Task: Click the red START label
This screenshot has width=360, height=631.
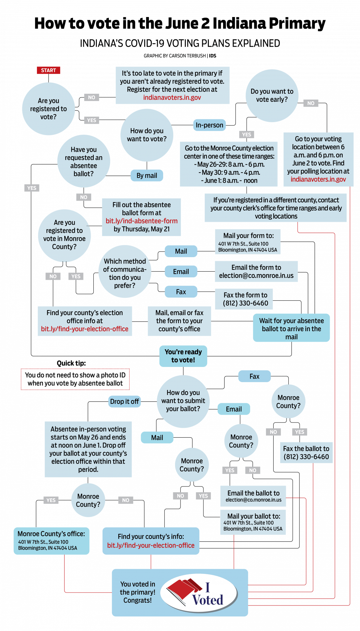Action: pos(48,70)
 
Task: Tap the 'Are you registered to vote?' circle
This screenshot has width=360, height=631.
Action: pos(48,109)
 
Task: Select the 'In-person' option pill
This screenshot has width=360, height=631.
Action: pos(209,125)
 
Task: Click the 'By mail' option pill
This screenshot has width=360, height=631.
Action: pos(147,176)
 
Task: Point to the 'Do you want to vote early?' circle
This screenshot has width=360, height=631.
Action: pos(272,96)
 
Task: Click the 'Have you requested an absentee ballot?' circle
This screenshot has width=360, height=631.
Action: pos(84,162)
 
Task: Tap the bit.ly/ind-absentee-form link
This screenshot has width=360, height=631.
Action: pos(141,221)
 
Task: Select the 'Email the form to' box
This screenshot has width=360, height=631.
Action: pos(256,272)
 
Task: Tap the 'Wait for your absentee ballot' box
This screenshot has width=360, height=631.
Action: pos(291,328)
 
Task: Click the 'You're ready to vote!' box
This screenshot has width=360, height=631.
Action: pos(183,356)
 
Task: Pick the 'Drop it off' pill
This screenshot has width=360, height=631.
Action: pos(124,402)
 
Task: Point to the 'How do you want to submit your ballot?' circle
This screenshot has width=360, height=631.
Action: pos(183,401)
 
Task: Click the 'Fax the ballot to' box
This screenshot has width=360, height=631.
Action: pos(306,453)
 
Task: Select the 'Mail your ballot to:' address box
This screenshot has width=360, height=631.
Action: pos(253,522)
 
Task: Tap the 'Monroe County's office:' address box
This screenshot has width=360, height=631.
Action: pos(51,541)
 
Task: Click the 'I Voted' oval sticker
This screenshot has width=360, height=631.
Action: pos(199,593)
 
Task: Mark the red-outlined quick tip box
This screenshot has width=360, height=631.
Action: pos(75,379)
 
